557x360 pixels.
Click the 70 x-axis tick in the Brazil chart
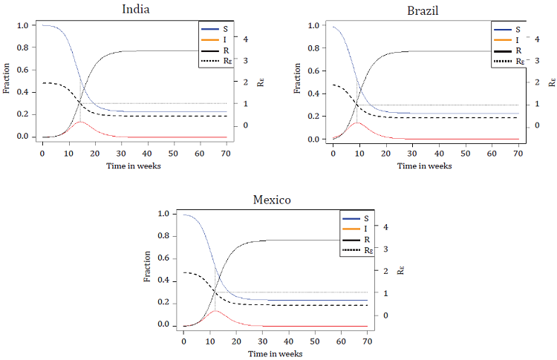pyautogui.click(x=518, y=153)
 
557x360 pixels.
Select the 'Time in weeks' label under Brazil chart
pyautogui.click(x=424, y=166)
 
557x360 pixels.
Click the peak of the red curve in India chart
pyautogui.click(x=80, y=121)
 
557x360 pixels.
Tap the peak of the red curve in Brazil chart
pyautogui.click(x=357, y=122)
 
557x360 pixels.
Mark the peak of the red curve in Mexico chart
pyautogui.click(x=215, y=310)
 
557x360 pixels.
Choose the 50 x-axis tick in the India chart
pyautogui.click(x=172, y=153)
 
